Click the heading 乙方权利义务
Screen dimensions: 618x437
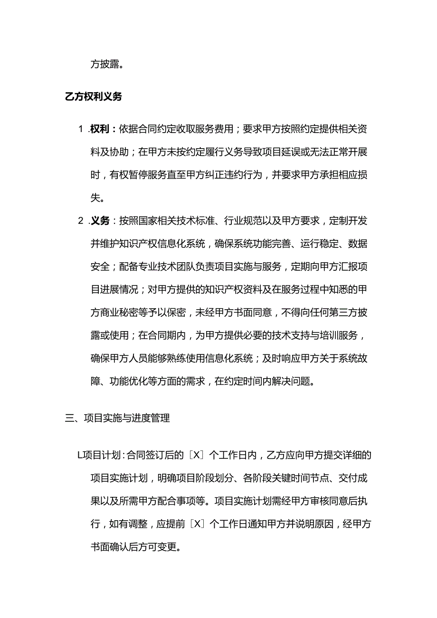[93, 97]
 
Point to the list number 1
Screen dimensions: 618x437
[81, 129]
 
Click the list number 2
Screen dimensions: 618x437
[81, 220]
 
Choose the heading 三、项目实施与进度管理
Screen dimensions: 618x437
[117, 418]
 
